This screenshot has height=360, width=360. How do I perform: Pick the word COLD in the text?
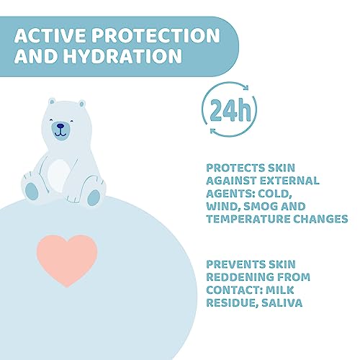(x=304, y=193)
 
